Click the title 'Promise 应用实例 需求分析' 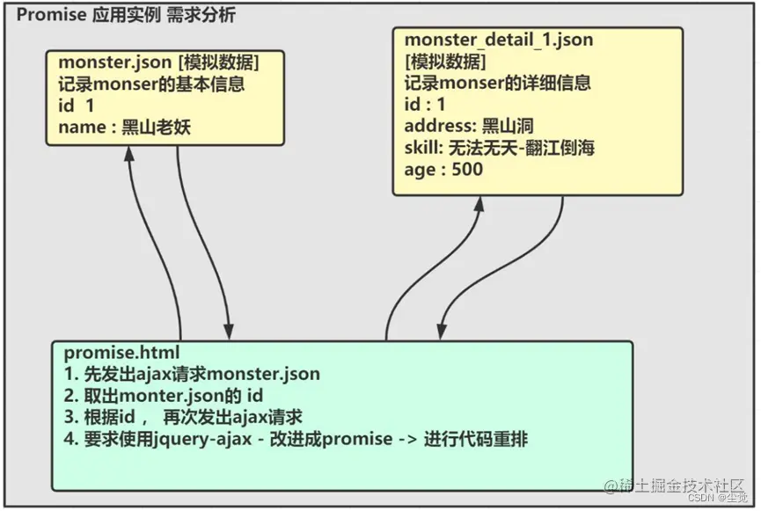click(126, 15)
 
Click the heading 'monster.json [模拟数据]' click(158, 63)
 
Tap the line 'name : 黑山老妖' click(124, 128)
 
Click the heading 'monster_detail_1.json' click(498, 40)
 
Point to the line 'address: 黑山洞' click(469, 126)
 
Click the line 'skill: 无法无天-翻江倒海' click(499, 148)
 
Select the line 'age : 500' click(443, 170)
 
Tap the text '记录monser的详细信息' click(497, 84)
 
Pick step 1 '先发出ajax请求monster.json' click(192, 374)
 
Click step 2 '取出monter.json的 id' click(164, 396)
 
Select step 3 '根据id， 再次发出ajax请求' click(183, 417)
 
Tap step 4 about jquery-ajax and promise click(296, 439)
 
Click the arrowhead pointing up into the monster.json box click(128, 153)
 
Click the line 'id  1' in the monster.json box click(76, 106)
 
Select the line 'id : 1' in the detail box click(424, 105)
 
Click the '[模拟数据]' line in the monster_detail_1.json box click(445, 62)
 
